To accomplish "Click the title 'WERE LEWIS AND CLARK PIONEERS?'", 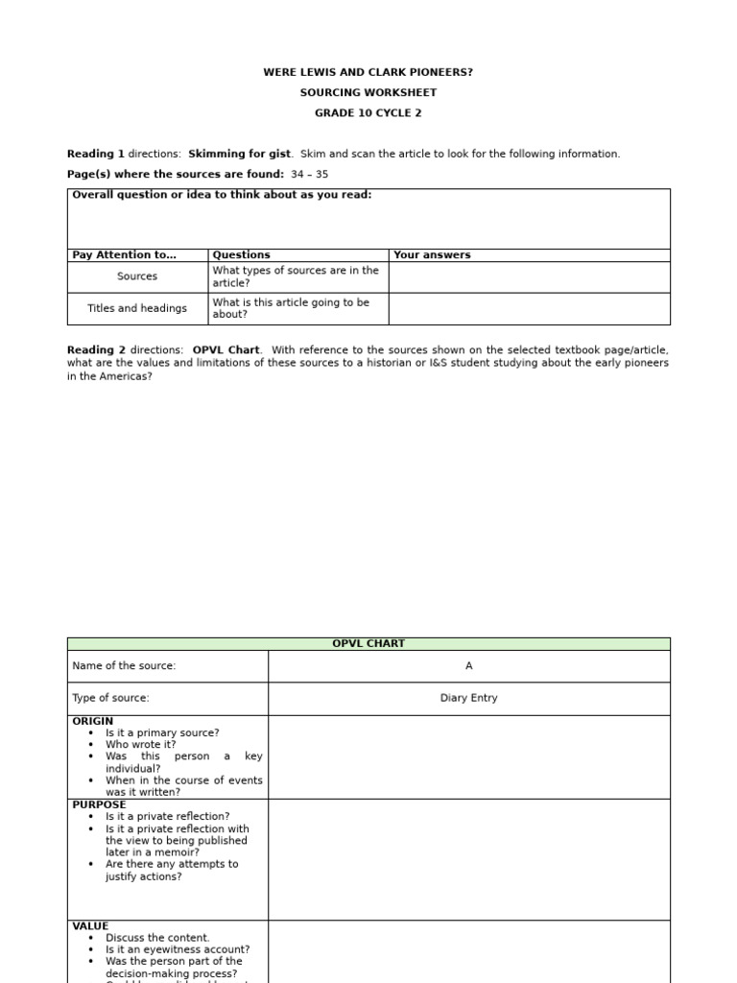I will (x=368, y=73).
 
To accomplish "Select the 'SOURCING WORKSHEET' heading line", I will (x=368, y=93).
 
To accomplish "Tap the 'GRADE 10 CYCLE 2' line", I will (x=368, y=113).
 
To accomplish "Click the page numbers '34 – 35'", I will (x=309, y=175).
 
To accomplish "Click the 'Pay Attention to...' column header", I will (x=124, y=255).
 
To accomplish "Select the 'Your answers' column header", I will (x=432, y=255).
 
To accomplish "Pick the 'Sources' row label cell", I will (x=137, y=276).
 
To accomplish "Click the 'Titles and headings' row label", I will (x=137, y=308).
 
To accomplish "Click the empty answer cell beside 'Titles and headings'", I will (x=529, y=308).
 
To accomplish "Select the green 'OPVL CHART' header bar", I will (x=368, y=644).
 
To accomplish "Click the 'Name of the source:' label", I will (x=124, y=666).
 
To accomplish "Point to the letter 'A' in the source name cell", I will (x=468, y=666).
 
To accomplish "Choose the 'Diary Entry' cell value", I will (x=468, y=699).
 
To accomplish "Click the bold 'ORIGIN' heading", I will (x=92, y=721).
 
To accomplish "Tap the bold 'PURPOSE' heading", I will (x=99, y=804).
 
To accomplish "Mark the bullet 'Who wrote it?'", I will (x=141, y=745).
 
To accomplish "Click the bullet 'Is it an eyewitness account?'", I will (x=178, y=949).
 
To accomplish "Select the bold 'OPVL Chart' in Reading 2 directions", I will (x=226, y=350).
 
